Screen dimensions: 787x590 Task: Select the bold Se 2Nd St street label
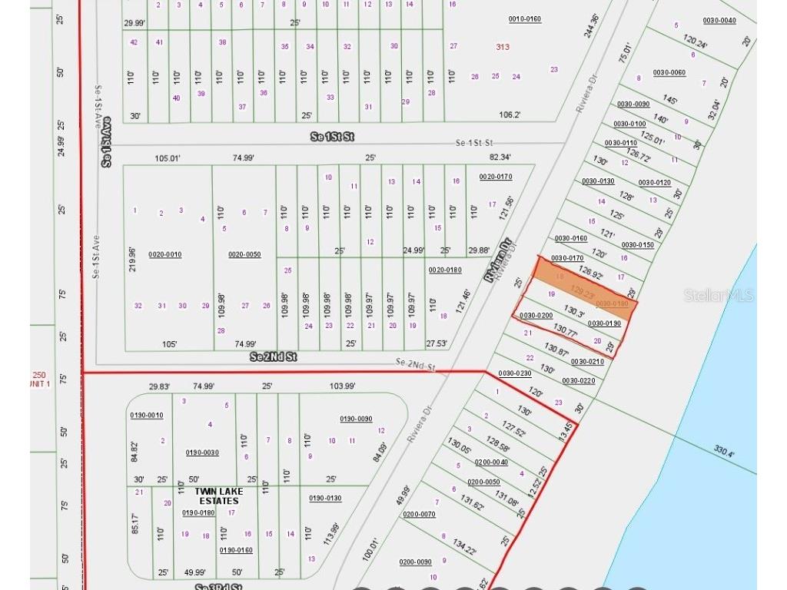(x=273, y=357)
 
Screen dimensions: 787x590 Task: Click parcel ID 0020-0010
(x=164, y=254)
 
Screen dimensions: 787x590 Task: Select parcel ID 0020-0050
(x=244, y=254)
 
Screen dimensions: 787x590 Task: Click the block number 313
(x=503, y=47)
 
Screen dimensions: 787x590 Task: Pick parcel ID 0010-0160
(x=525, y=18)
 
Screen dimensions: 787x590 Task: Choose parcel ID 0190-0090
(x=356, y=419)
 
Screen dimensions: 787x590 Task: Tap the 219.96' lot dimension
(x=133, y=259)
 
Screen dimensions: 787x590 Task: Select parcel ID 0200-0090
(x=415, y=562)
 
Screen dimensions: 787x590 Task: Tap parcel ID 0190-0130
(x=325, y=498)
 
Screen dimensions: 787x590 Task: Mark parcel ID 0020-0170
(x=495, y=177)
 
